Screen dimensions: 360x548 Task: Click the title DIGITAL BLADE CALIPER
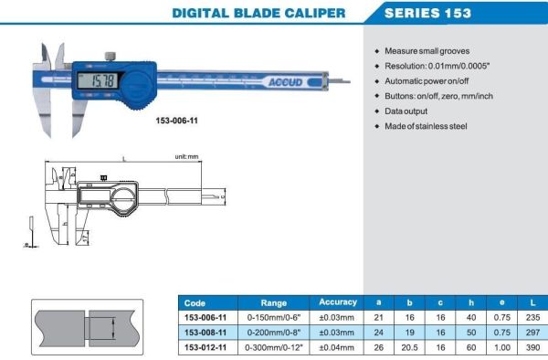[x=258, y=13]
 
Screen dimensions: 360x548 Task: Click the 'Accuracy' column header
[x=338, y=302]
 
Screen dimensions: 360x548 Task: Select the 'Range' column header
[x=274, y=302]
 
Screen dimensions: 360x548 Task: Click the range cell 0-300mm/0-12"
[x=274, y=347]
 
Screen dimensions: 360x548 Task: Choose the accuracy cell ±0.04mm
[x=338, y=347]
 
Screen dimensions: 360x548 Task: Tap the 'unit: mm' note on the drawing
[x=187, y=157]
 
